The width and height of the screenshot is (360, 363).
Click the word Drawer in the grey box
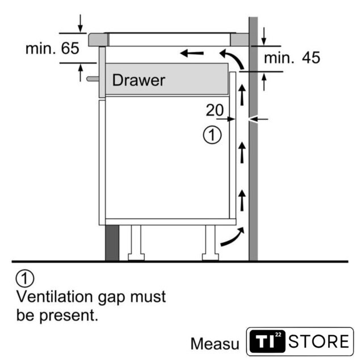[x=139, y=80]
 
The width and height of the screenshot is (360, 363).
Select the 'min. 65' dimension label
[x=52, y=48]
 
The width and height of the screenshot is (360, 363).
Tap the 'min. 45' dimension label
[x=291, y=57]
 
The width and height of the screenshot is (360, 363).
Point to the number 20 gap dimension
[x=215, y=110]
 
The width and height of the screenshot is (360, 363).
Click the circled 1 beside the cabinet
[x=212, y=135]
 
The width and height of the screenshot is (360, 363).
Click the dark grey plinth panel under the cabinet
[x=112, y=242]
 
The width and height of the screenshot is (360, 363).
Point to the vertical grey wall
[x=253, y=170]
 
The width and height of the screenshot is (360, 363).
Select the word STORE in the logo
[x=319, y=341]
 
